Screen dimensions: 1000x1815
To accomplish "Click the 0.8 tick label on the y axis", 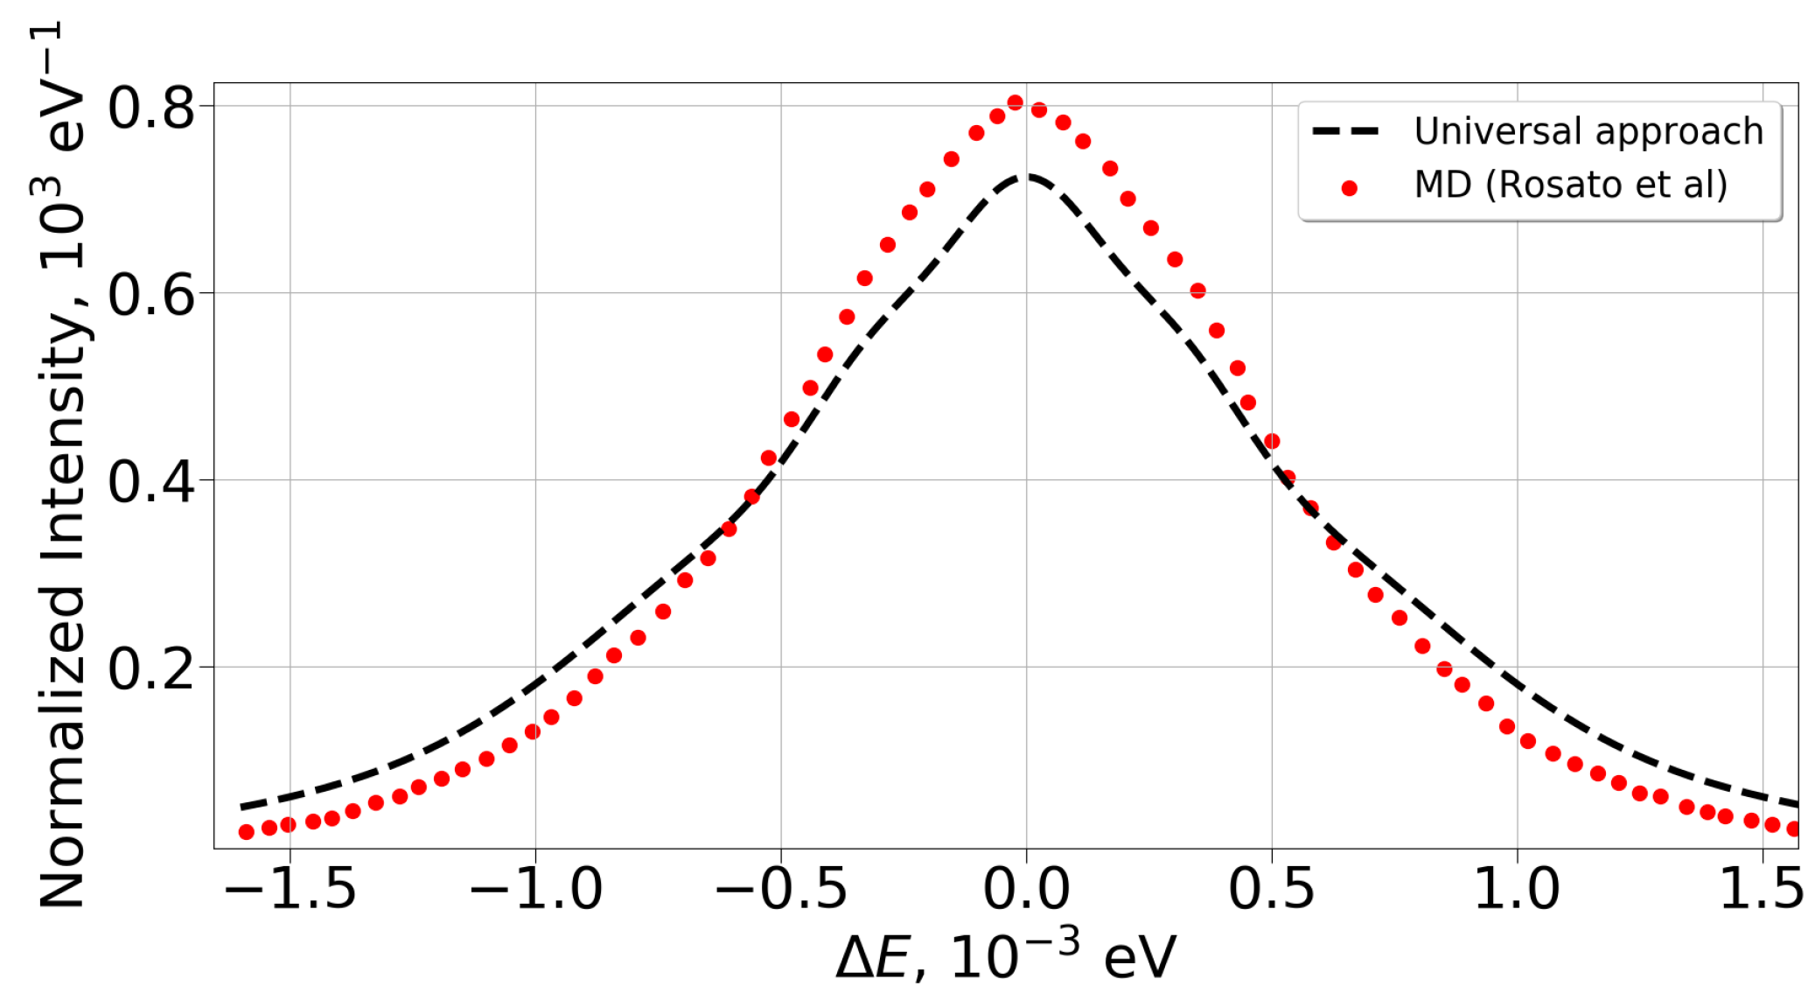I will click(150, 108).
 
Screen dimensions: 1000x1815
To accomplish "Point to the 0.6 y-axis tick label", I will click(150, 295).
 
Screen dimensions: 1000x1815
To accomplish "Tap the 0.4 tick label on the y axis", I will click(150, 482).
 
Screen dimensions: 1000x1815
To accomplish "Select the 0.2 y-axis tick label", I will click(150, 669).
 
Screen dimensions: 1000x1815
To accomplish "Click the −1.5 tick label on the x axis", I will click(290, 890).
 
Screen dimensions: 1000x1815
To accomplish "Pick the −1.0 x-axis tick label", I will click(535, 890).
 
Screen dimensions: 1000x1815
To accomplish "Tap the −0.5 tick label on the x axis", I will click(781, 890).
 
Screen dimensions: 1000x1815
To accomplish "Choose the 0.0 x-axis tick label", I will click(1026, 890).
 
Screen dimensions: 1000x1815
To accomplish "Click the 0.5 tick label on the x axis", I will click(1272, 890).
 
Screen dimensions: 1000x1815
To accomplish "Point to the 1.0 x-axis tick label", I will click(1517, 890).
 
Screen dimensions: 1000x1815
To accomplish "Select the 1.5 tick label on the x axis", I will click(1761, 890).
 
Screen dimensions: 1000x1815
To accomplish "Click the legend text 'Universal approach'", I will click(1588, 132).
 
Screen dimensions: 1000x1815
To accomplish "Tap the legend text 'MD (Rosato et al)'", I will click(1571, 185).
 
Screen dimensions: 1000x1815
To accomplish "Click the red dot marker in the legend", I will click(1350, 187).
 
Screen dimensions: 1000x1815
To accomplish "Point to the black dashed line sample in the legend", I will click(1346, 132).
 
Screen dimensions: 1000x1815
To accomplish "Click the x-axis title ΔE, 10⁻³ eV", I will click(1006, 957).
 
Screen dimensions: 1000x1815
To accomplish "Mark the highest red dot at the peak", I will click(1016, 103).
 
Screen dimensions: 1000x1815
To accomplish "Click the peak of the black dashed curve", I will click(1025, 177).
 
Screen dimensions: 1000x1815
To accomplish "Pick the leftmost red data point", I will click(247, 832).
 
